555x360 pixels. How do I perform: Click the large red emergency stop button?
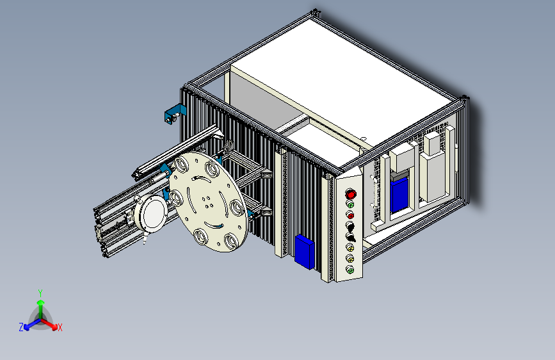[x=350, y=194]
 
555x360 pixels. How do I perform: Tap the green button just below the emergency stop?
[x=350, y=205]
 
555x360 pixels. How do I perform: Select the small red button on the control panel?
[x=350, y=215]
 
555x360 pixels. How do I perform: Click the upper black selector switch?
[x=350, y=226]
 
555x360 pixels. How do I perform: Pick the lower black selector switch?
[x=350, y=237]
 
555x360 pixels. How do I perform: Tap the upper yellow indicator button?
[x=350, y=247]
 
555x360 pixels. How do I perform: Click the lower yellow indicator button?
[x=350, y=258]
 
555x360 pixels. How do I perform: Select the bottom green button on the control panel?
[x=350, y=270]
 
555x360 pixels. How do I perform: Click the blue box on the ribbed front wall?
[x=305, y=252]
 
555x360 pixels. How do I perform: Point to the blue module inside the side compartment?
[x=399, y=194]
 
